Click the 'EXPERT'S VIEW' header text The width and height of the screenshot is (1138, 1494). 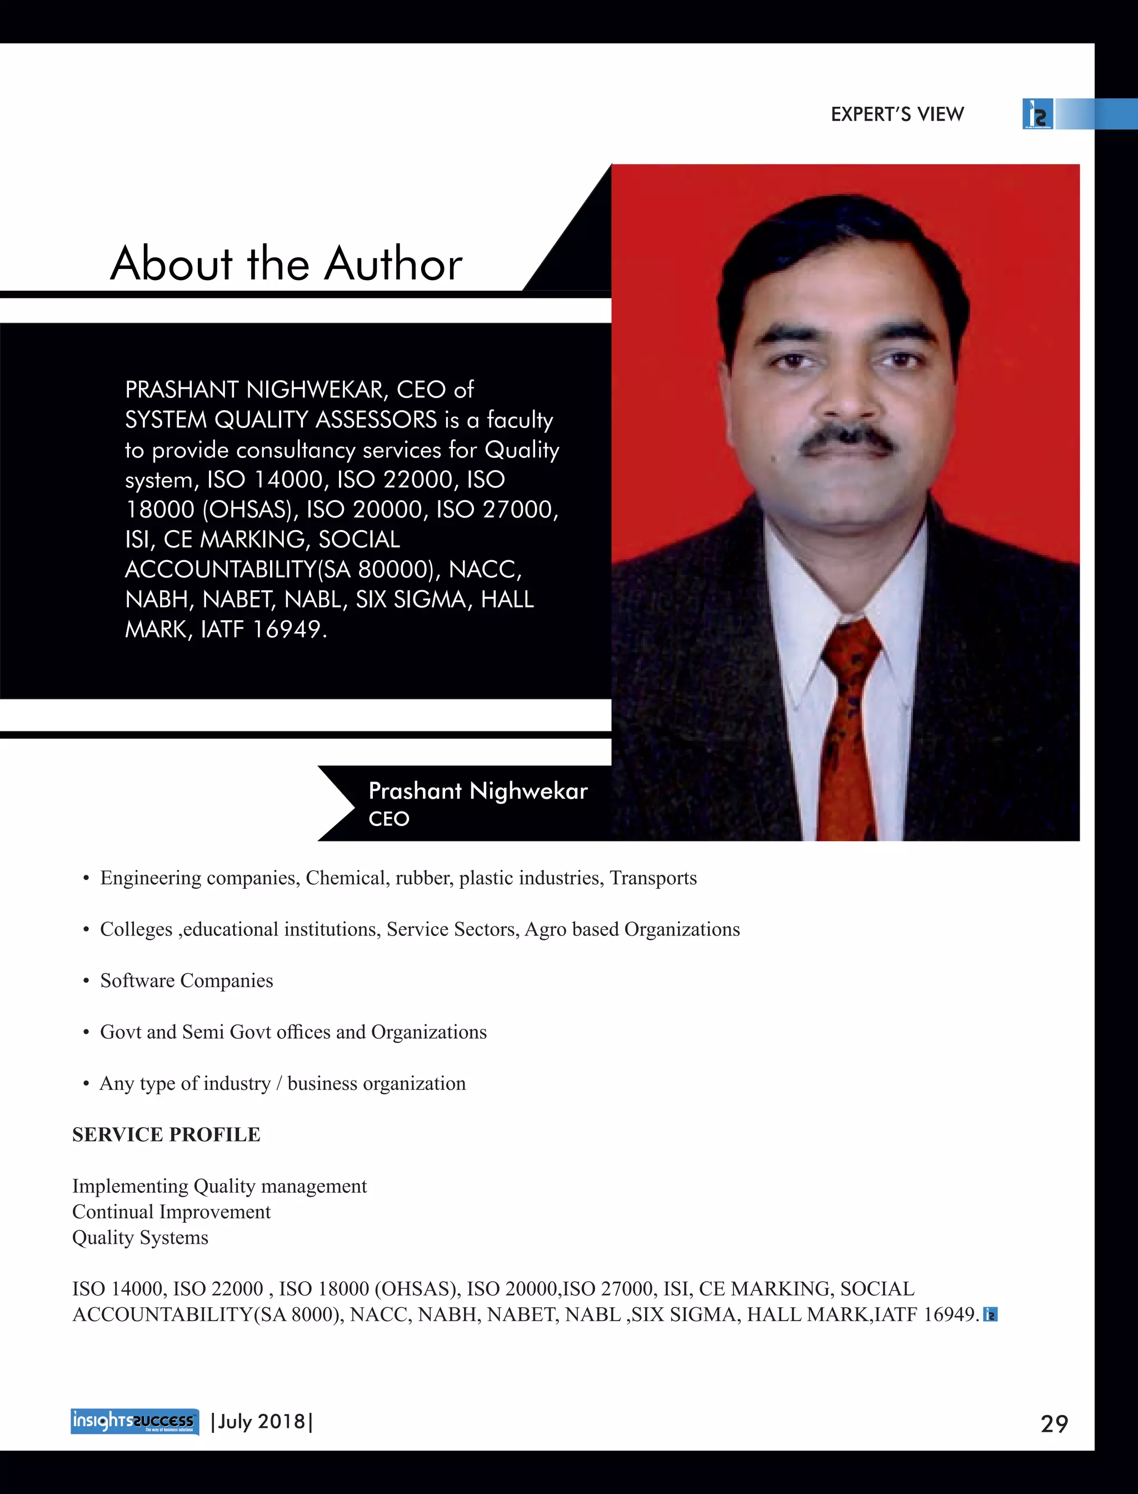pyautogui.click(x=897, y=114)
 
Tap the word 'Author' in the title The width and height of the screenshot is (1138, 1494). pyautogui.click(x=393, y=263)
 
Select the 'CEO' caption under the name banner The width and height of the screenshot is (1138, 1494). pyautogui.click(x=389, y=819)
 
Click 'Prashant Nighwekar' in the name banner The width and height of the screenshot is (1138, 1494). pyautogui.click(x=477, y=791)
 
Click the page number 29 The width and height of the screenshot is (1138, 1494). pyautogui.click(x=1054, y=1423)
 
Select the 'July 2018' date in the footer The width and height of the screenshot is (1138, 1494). pyautogui.click(x=262, y=1421)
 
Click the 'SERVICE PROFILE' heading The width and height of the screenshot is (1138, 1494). pyautogui.click(x=166, y=1134)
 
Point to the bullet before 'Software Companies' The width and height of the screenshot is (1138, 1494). pyautogui.click(x=86, y=981)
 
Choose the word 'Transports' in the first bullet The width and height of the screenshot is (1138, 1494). pyautogui.click(x=653, y=878)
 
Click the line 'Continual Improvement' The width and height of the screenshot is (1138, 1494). pyautogui.click(x=171, y=1212)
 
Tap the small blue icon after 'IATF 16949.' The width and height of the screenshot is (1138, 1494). pyautogui.click(x=990, y=1314)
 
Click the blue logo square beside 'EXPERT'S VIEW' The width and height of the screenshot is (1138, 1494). pyautogui.click(x=1037, y=114)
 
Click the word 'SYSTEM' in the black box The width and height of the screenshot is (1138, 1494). pyautogui.click(x=166, y=420)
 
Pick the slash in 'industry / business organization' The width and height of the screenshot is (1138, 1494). pyautogui.click(x=278, y=1083)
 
